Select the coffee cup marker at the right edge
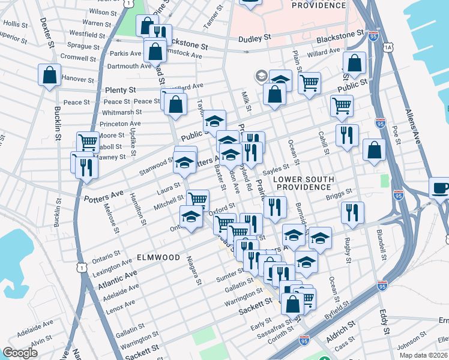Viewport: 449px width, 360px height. pyautogui.click(x=441, y=188)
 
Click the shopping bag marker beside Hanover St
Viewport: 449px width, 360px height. pyautogui.click(x=49, y=75)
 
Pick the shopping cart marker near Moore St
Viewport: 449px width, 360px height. pyautogui.click(x=88, y=142)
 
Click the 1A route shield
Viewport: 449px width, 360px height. pyautogui.click(x=388, y=47)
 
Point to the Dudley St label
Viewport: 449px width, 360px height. pyautogui.click(x=254, y=38)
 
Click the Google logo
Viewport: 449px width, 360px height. pyautogui.click(x=20, y=352)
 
